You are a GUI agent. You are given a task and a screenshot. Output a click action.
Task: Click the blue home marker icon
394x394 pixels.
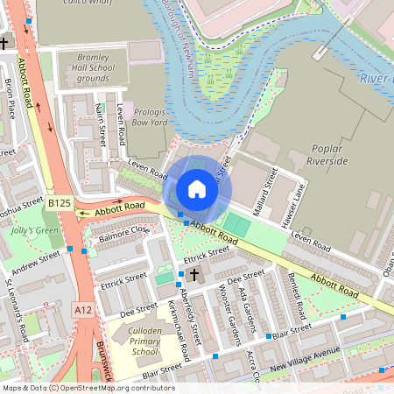click(x=197, y=189)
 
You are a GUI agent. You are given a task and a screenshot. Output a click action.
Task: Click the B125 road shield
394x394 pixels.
click(x=60, y=203)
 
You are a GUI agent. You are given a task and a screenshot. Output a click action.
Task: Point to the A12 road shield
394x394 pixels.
click(x=83, y=310)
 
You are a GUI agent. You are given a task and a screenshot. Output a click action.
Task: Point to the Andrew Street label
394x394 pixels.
click(x=36, y=260)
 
